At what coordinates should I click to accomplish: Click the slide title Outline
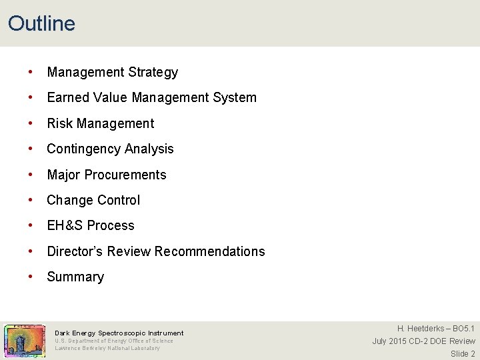41,23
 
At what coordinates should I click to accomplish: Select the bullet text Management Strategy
112,72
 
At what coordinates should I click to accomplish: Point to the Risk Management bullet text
100,123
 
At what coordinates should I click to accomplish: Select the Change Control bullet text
93,200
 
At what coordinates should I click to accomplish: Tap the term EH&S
65,225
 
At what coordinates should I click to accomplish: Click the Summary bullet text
75,277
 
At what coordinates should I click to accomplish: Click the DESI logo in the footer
25,341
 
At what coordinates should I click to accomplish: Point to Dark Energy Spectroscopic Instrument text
119,333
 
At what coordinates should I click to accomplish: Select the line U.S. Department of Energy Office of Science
113,341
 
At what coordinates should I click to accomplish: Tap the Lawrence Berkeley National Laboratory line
107,348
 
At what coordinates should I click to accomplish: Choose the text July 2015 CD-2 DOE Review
423,341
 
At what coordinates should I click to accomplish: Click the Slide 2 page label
463,354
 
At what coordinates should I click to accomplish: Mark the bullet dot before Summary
31,277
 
